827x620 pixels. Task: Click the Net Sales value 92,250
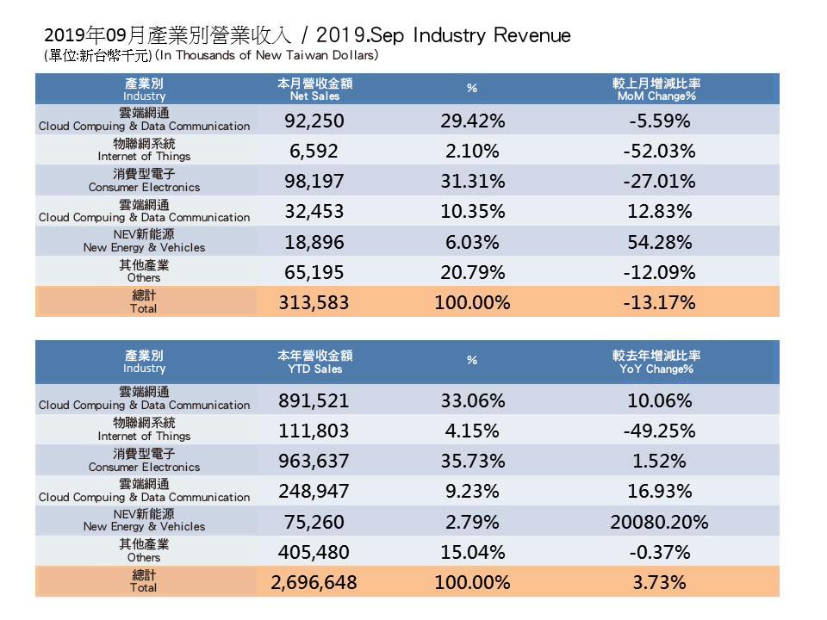click(x=314, y=121)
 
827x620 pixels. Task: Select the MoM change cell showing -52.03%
click(x=659, y=152)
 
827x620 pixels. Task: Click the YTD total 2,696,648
click(x=314, y=583)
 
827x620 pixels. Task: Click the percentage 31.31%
click(x=471, y=182)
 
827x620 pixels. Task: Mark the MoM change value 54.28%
click(x=659, y=242)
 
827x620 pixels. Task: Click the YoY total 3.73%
click(x=659, y=583)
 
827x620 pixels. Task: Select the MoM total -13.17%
click(x=659, y=302)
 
